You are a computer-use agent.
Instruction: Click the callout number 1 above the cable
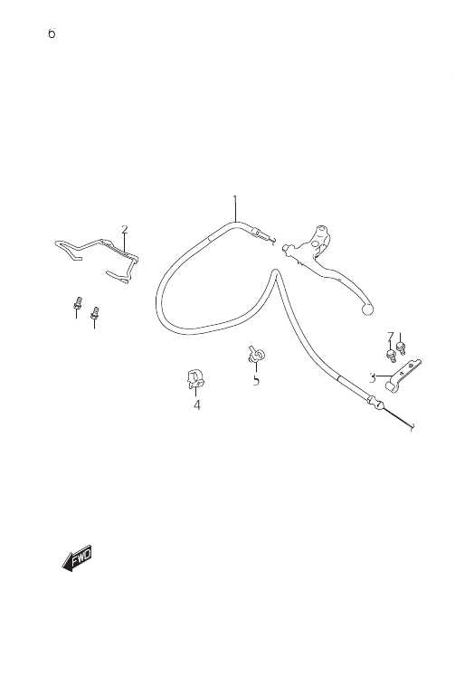pos(235,200)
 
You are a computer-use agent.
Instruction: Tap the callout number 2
pos(125,229)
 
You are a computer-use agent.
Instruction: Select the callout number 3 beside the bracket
pos(373,378)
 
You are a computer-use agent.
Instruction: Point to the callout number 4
pos(197,405)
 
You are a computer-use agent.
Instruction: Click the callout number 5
pos(256,381)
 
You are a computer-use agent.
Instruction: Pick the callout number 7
pos(391,337)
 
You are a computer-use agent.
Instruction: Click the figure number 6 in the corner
pos(52,33)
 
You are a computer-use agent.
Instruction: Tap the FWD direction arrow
pos(77,557)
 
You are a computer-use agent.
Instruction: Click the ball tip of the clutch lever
pos(367,309)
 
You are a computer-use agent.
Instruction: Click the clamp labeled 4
pos(195,378)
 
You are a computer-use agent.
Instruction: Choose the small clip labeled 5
pos(256,355)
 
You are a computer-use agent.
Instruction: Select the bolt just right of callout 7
pos(401,348)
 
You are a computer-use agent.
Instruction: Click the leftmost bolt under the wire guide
pos(78,302)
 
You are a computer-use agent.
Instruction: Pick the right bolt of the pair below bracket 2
pos(95,313)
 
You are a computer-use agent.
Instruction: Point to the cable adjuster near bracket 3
pos(374,403)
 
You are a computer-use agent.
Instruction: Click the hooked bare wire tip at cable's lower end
pos(412,428)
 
